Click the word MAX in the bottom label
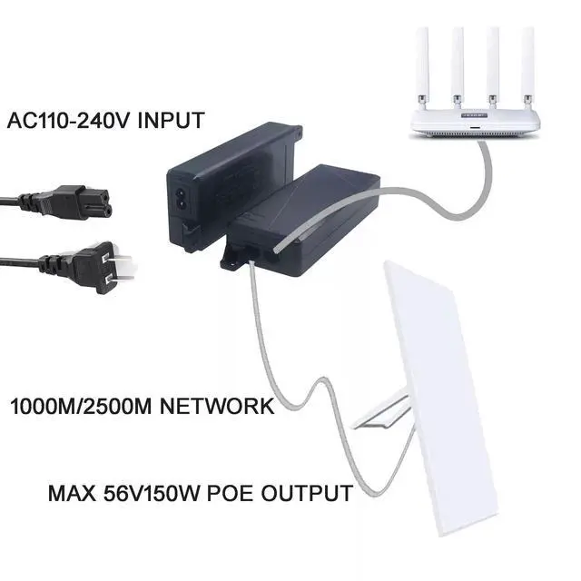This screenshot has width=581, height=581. point(68,495)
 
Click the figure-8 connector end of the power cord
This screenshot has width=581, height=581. point(86,201)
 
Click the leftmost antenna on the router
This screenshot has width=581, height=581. point(422,64)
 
